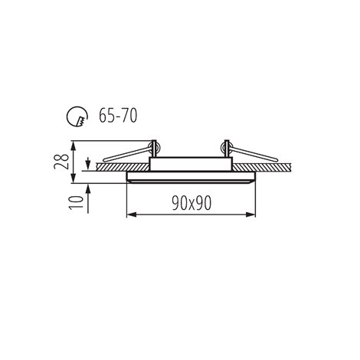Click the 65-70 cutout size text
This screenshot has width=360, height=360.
118,116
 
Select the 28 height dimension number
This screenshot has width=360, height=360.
61,162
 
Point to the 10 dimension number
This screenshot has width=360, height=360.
77,202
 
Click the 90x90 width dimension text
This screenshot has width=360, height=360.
191,204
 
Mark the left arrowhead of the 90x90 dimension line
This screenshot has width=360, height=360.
131,214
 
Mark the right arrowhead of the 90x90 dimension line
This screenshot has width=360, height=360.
250,214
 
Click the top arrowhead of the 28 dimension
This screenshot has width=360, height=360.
74,146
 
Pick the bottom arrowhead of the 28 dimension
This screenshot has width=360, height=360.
74,178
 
